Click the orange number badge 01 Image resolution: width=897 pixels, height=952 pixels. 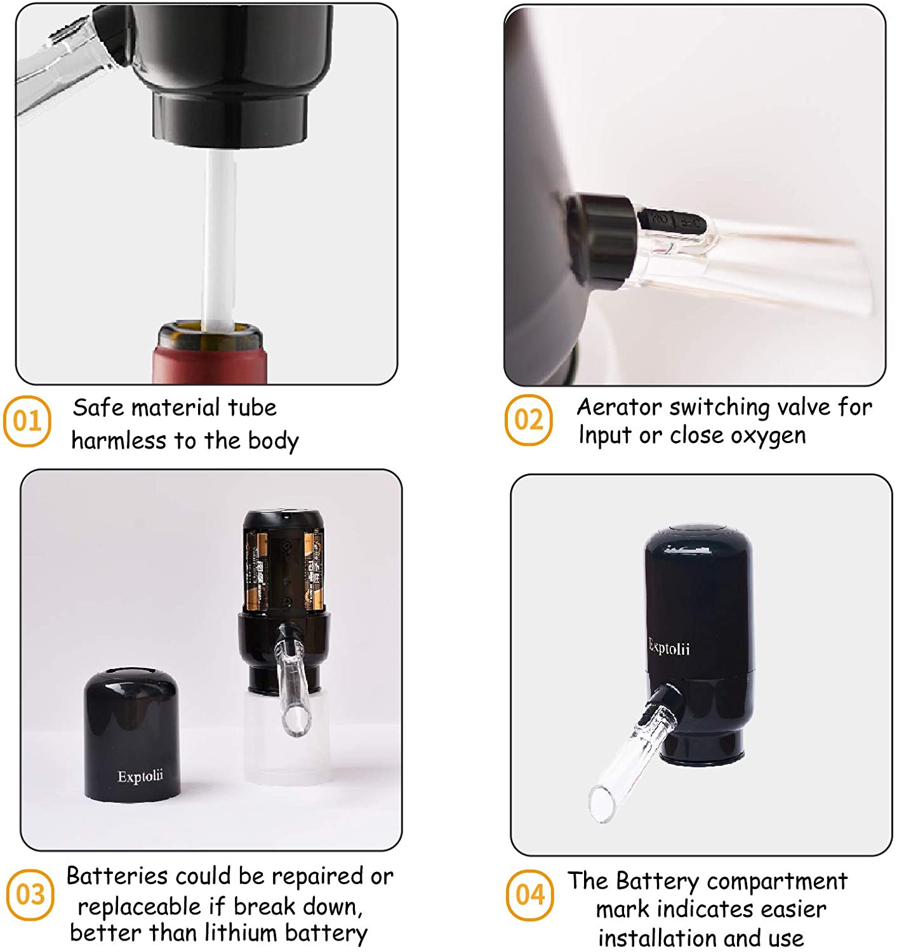(27, 421)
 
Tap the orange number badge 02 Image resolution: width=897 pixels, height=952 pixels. (528, 420)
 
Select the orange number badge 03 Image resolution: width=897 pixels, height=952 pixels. (30, 895)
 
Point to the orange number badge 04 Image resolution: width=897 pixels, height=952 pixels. (529, 895)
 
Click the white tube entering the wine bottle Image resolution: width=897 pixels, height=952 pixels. (219, 241)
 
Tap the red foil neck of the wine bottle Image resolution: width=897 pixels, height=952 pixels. (209, 362)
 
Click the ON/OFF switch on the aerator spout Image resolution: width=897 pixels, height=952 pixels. (673, 221)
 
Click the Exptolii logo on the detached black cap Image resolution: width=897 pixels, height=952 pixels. (140, 776)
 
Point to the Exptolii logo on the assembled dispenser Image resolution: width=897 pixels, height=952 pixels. (669, 648)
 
